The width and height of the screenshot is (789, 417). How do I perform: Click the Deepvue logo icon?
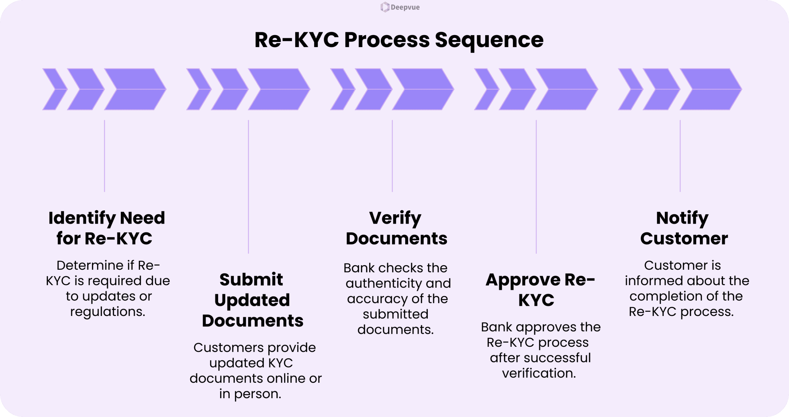(385, 7)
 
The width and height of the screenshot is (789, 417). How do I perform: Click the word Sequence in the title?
(489, 40)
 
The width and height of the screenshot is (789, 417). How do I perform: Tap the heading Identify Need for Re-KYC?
(106, 228)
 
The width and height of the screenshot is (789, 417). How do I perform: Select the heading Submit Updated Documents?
(252, 300)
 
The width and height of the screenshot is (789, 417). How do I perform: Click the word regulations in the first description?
(108, 312)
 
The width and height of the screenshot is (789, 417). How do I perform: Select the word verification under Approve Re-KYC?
(539, 373)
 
